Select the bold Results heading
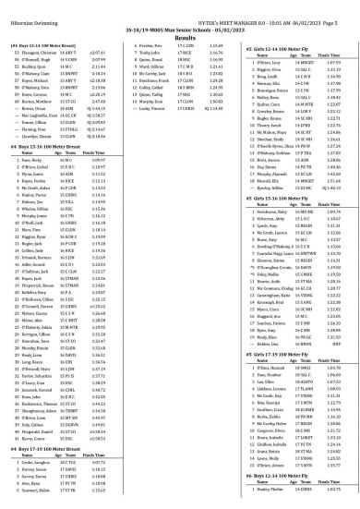179,29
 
